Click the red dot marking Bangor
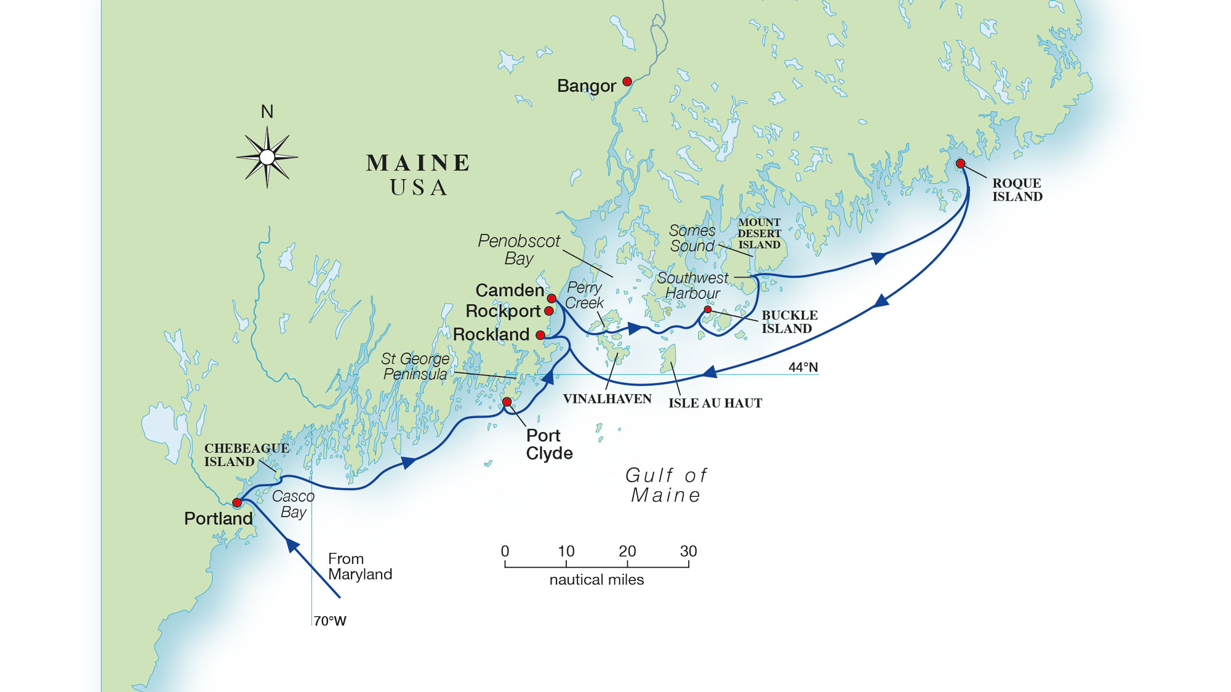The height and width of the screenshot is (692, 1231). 627,81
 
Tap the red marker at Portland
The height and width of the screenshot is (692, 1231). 237,502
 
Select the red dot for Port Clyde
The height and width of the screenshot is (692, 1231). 507,402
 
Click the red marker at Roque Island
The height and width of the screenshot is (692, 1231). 960,163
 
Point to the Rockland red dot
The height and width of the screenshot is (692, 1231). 540,335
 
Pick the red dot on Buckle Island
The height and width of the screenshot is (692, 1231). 708,310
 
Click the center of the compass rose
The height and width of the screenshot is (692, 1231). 267,157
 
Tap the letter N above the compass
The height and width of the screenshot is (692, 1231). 267,112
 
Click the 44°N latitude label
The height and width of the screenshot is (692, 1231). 803,368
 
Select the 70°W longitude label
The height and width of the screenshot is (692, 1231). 330,621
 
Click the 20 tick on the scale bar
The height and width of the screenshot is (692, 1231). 627,552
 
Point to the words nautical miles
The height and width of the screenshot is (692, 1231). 596,580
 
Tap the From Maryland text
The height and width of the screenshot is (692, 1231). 359,566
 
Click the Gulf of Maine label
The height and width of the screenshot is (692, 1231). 666,485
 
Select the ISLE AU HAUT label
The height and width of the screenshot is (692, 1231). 715,403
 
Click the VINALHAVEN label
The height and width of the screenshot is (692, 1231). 607,399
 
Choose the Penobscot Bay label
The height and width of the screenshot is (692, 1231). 519,249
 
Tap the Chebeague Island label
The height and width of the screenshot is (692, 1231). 246,455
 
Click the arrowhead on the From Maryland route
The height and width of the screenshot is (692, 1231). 292,544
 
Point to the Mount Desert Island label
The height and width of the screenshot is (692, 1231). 759,233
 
